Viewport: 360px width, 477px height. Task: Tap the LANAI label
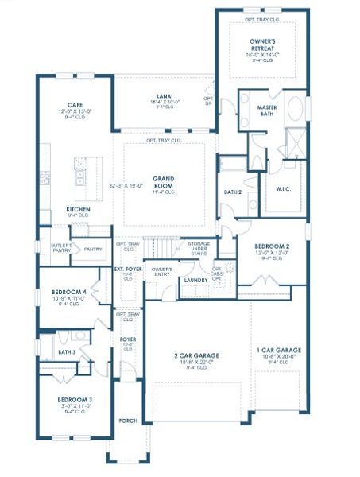(x=162, y=94)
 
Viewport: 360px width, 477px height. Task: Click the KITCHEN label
(x=78, y=209)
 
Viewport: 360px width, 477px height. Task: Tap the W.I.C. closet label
(x=284, y=188)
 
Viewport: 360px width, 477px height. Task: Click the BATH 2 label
(x=232, y=192)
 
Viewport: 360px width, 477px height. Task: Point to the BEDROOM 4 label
(x=68, y=292)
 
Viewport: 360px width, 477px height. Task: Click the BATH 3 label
(x=67, y=351)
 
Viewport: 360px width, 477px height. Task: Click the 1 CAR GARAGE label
(x=278, y=350)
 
